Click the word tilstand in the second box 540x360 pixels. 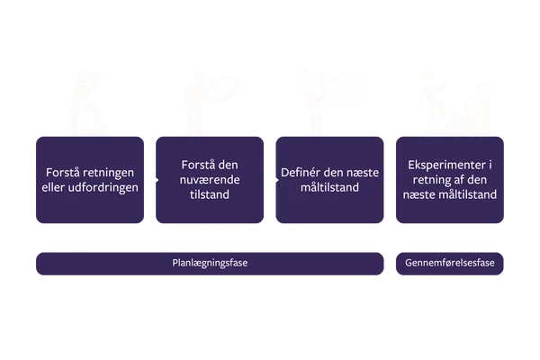[x=210, y=194]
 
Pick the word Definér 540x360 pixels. [x=302, y=172]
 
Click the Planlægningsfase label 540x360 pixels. [x=210, y=264]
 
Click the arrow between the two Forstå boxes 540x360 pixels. [x=151, y=179]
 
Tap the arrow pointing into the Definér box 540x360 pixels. [x=269, y=179]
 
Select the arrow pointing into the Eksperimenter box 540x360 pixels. [x=390, y=179]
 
